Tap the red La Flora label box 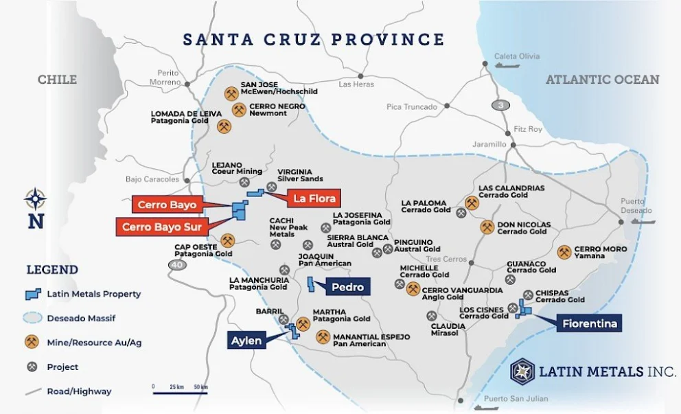pos(314,198)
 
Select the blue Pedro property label pos(347,287)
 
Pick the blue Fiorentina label pos(590,323)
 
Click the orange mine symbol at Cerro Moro pos(564,253)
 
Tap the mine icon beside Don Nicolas pos(487,227)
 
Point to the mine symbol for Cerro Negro pos(238,110)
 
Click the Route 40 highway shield pos(178,266)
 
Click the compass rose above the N pos(35,199)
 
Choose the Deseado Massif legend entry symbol pos(34,318)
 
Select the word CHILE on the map pos(57,80)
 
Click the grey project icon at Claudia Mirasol pos(431,316)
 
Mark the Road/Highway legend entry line pos(34,391)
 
